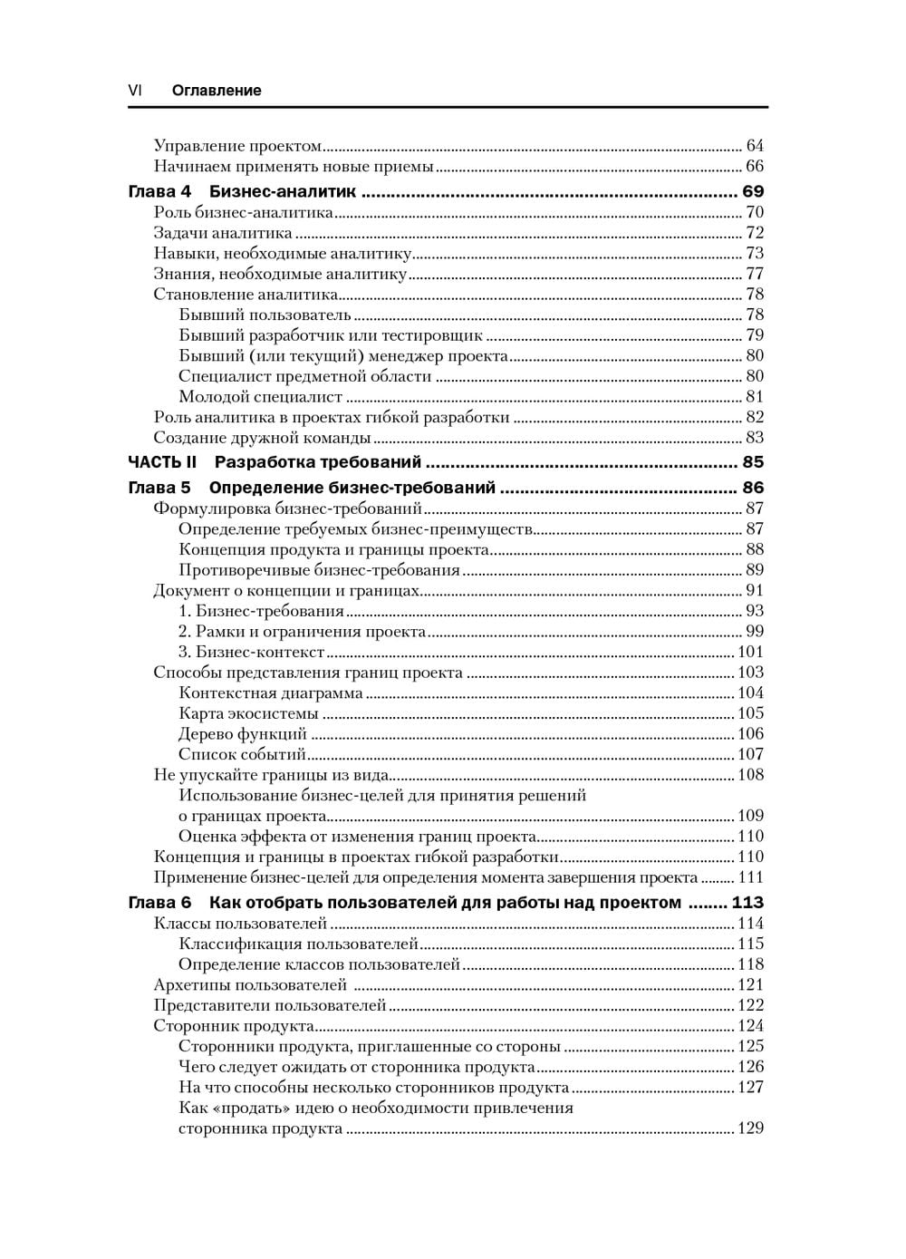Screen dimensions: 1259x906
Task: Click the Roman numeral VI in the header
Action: [x=134, y=90]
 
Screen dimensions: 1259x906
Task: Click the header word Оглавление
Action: [x=217, y=90]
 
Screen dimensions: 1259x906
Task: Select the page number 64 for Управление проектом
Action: [x=755, y=146]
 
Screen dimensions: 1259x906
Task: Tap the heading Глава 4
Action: [x=159, y=191]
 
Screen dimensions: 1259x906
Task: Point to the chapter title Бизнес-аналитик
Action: [x=283, y=191]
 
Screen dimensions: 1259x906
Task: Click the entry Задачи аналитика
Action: [x=223, y=233]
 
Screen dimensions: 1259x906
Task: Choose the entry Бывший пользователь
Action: [x=265, y=315]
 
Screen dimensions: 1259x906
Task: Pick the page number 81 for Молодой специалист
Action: [x=755, y=397]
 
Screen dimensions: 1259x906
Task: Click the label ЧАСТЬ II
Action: [x=162, y=462]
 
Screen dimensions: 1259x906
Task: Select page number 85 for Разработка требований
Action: [x=753, y=462]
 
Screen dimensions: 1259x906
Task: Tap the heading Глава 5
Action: [x=159, y=488]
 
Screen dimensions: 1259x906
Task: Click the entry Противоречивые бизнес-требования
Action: [x=319, y=570]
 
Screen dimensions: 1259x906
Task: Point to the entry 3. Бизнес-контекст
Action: [x=251, y=652]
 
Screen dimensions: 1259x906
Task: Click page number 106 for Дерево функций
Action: [x=750, y=734]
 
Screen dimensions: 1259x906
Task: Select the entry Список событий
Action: [x=242, y=754]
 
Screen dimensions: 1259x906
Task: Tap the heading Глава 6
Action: [x=159, y=903]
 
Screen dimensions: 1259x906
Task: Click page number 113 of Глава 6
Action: [x=748, y=903]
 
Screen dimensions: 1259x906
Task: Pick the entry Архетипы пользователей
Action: [x=250, y=985]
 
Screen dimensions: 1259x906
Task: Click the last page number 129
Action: [x=750, y=1128]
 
